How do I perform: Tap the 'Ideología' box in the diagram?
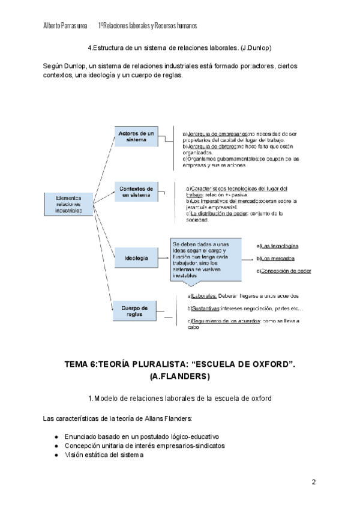tap(136, 258)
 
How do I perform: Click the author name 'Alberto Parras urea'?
tap(66, 26)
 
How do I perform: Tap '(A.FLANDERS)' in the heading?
tap(180, 377)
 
